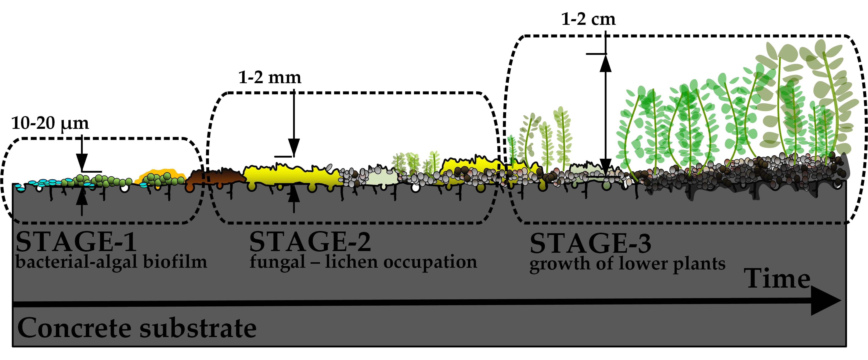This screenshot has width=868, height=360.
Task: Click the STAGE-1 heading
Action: [x=76, y=242]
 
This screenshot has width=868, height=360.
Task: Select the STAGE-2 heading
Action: [x=310, y=242]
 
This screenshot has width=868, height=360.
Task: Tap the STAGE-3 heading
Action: [x=590, y=243]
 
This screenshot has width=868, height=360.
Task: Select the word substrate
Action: [x=198, y=328]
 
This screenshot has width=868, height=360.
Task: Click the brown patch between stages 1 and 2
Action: [x=216, y=178]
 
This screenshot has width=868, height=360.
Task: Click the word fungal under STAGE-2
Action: [x=277, y=262]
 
